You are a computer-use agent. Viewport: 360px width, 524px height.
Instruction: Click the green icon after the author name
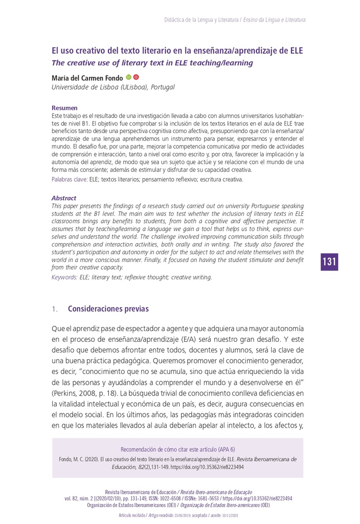129,77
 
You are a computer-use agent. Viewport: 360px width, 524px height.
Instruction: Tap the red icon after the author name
136,77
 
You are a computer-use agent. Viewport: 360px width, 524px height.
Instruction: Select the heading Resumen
64,108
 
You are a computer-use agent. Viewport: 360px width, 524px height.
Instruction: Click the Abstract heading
64,198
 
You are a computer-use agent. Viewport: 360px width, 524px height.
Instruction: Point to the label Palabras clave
70,180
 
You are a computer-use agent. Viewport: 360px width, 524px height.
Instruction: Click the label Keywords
64,277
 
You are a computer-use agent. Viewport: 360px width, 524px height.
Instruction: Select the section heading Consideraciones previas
108,309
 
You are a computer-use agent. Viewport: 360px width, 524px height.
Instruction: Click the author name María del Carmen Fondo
87,78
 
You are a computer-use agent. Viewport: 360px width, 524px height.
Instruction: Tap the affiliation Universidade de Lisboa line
113,87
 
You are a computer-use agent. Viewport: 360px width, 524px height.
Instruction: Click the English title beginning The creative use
152,63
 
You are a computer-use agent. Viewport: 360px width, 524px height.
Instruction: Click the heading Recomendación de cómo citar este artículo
177,449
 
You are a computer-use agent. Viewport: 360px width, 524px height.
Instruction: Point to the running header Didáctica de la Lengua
201,20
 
